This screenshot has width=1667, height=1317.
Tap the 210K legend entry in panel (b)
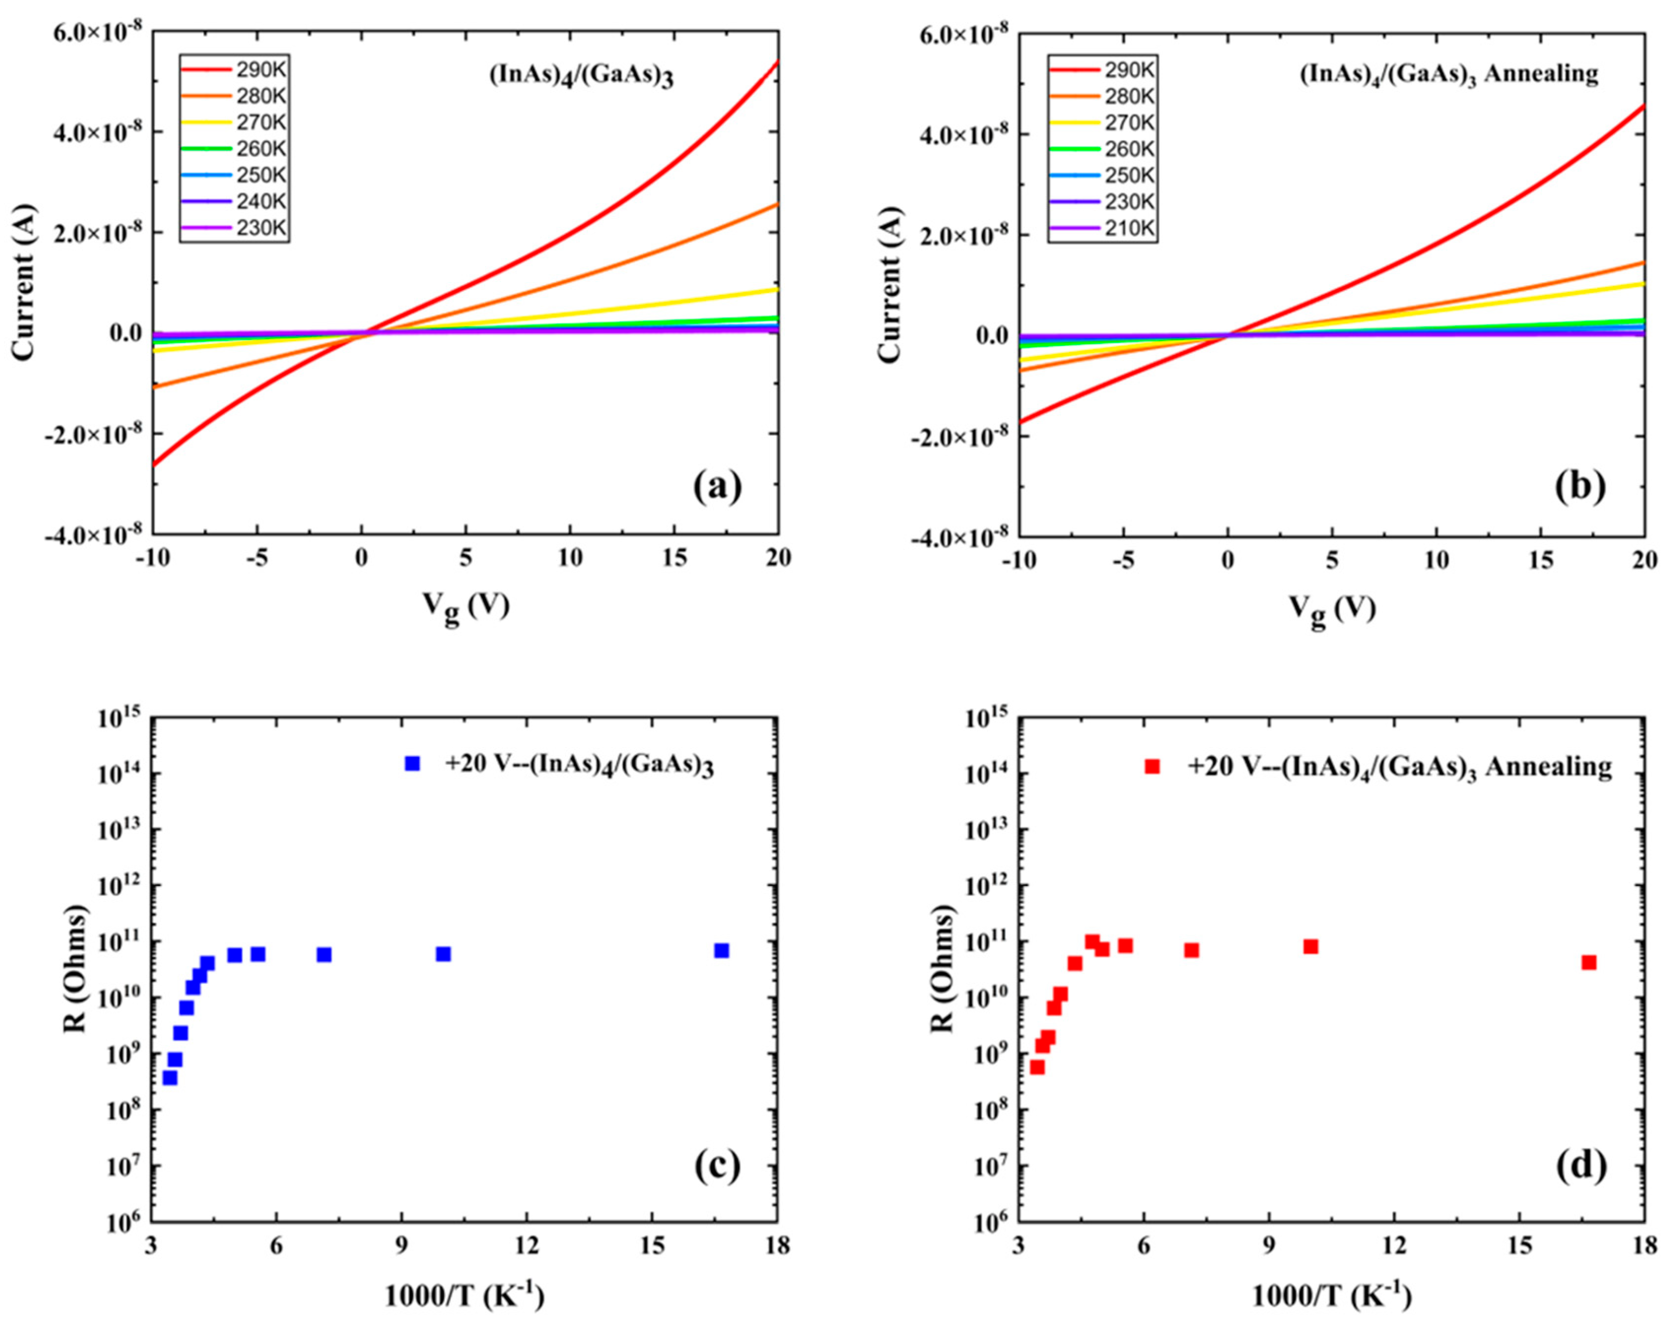click(1102, 229)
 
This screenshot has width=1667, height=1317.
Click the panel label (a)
click(716, 487)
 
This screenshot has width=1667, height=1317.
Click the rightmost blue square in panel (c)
click(722, 951)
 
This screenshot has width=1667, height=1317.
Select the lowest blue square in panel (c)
click(170, 1078)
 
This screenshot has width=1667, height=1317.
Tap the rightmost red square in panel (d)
click(1589, 962)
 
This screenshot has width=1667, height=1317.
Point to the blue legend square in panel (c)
click(413, 763)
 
